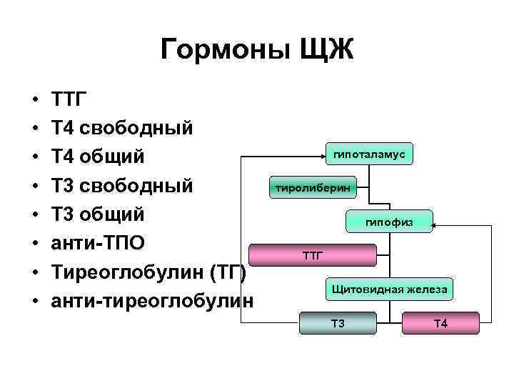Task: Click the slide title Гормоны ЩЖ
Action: point(257,51)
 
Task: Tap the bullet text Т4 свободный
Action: point(122,128)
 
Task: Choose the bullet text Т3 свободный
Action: point(122,186)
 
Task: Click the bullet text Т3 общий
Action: point(99,214)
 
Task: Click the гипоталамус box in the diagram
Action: point(369,154)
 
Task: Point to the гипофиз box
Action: point(389,223)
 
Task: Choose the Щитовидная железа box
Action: point(389,289)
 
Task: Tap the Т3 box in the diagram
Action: point(338,324)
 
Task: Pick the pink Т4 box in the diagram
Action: point(440,324)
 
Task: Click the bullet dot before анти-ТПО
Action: point(34,244)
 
